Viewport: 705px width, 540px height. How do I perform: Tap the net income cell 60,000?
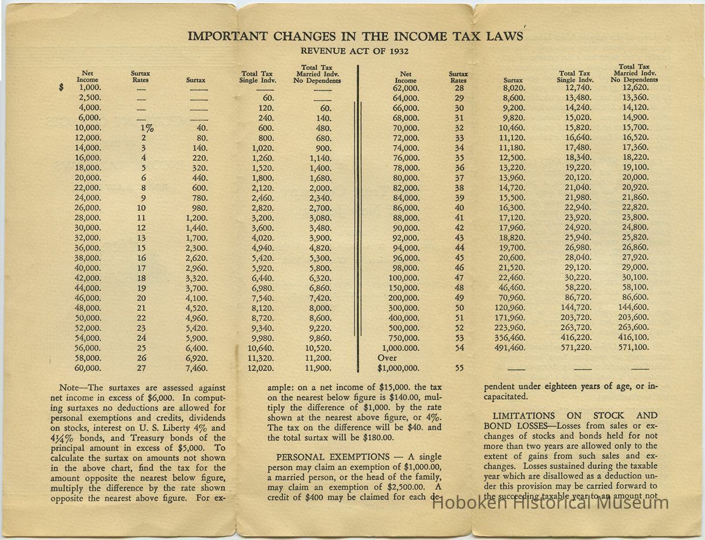(x=88, y=368)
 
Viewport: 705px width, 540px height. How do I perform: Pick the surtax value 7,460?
(x=196, y=368)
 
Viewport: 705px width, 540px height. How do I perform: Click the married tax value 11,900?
(x=318, y=368)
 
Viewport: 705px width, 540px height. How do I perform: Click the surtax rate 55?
(x=459, y=368)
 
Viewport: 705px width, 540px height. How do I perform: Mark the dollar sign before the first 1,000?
(x=62, y=88)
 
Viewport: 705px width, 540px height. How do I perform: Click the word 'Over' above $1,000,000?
(x=387, y=357)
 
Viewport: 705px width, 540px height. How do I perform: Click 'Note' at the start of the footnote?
(x=70, y=388)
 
